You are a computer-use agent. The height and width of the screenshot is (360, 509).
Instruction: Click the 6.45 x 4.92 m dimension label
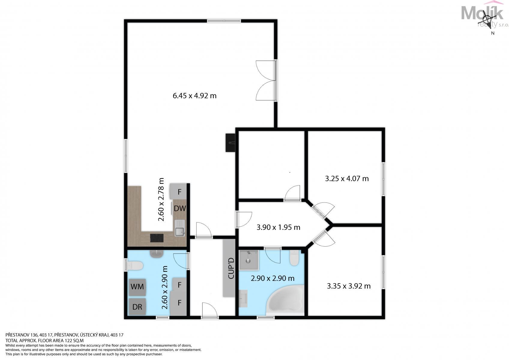194,96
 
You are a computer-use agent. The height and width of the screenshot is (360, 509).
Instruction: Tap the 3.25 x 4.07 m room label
347,178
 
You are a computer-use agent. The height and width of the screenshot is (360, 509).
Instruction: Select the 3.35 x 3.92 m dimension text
348,286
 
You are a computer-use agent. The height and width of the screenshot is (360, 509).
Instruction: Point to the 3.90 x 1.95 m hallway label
279,227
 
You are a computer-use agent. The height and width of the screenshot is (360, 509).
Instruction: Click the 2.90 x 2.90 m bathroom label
273,278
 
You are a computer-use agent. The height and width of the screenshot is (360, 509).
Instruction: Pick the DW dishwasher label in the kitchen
180,208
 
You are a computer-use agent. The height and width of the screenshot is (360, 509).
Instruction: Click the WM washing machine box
137,287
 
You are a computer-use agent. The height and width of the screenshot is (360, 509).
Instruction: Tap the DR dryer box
137,307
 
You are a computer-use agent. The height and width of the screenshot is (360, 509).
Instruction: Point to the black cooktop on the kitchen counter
157,238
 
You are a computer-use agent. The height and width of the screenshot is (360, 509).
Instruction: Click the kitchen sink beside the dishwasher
180,228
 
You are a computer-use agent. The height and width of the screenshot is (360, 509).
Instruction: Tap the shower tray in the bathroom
248,260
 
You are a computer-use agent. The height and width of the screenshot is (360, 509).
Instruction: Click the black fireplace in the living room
230,142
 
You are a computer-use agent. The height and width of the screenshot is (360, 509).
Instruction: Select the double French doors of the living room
266,80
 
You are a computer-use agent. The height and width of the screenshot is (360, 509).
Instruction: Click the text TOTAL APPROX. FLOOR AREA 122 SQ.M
44,340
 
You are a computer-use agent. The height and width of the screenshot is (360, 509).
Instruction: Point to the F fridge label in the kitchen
179,192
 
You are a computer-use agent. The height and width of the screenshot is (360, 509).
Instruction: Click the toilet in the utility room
135,265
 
